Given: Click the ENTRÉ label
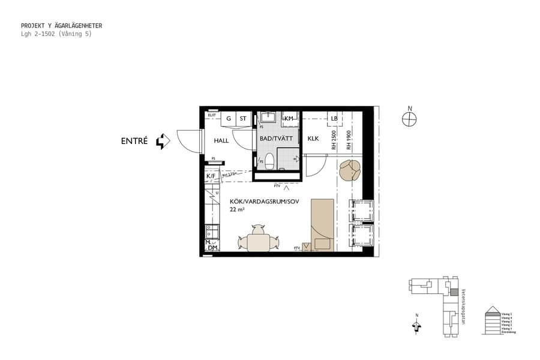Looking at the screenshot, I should pyautogui.click(x=135, y=142).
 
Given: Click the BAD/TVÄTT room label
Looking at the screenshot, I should pyautogui.click(x=275, y=139).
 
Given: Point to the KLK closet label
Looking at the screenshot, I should pyautogui.click(x=313, y=139).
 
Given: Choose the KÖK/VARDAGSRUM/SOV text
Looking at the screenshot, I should pyautogui.click(x=264, y=201).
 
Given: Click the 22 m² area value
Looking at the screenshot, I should pyautogui.click(x=237, y=209).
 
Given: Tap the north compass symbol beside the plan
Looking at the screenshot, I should pyautogui.click(x=410, y=119).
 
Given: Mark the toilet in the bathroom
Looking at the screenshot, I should pyautogui.click(x=269, y=160).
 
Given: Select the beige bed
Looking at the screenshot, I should pyautogui.click(x=322, y=224).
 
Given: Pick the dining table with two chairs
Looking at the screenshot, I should pyautogui.click(x=259, y=241).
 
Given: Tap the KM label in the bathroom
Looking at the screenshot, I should pyautogui.click(x=289, y=118).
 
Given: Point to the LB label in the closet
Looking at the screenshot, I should pyautogui.click(x=334, y=118).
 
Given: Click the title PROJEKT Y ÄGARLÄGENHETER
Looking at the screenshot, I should pyautogui.click(x=61, y=26).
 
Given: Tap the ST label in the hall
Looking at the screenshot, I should pyautogui.click(x=243, y=119).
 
